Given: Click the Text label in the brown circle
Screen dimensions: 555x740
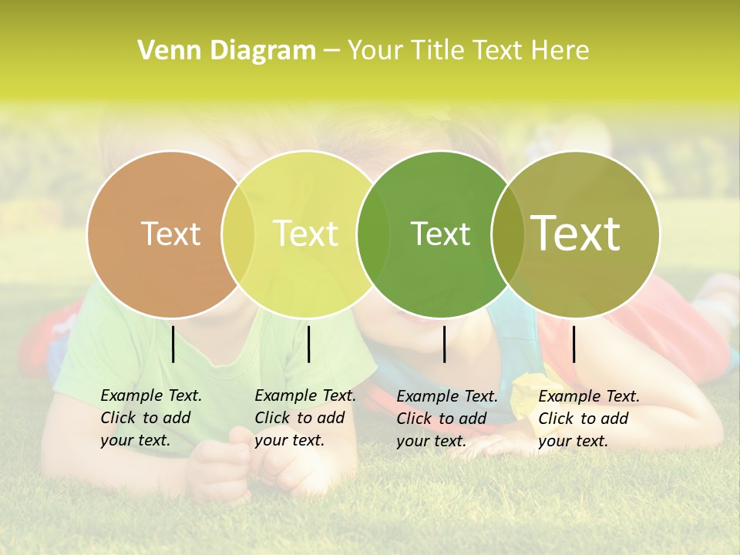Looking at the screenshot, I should click(170, 234).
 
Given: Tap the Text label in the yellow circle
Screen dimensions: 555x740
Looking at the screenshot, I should click(306, 234).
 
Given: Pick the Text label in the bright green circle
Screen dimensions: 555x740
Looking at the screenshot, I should click(440, 234).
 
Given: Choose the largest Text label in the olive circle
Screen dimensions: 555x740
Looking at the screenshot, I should click(576, 233).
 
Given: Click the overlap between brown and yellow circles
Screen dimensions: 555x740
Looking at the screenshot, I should click(238, 234).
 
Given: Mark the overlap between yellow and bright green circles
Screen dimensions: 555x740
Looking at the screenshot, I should click(373, 234).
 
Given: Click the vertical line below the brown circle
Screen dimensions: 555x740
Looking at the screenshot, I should click(173, 344).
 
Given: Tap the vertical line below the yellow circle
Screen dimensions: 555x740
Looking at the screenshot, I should click(308, 344).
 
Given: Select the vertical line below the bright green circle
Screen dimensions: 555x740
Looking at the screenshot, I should click(444, 344).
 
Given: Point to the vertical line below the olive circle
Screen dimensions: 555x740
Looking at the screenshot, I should click(573, 344).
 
